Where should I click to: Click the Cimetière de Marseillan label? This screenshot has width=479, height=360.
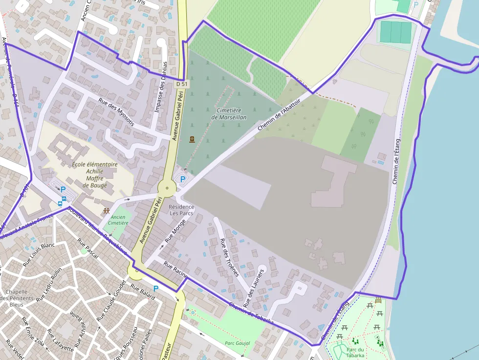click(x=229, y=114)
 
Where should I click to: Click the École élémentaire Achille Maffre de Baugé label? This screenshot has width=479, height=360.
click(x=94, y=175)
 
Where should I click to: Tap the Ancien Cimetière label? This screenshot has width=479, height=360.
click(x=118, y=220)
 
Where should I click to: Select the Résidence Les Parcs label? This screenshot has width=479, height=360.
click(x=181, y=210)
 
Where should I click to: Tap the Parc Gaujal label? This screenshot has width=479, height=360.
click(x=237, y=343)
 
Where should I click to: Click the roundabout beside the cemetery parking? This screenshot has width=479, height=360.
click(x=167, y=188)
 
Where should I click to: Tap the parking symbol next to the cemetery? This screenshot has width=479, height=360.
click(x=183, y=179)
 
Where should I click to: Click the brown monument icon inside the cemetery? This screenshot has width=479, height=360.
click(x=192, y=139)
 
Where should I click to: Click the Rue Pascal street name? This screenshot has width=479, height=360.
click(x=87, y=248)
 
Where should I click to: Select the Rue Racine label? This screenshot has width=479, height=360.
click(x=175, y=270)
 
